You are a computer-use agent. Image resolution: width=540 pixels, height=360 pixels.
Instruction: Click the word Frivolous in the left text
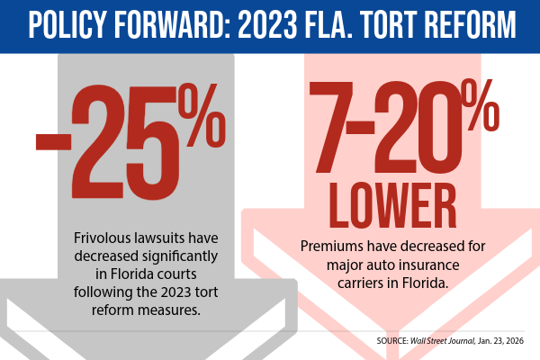click(103, 238)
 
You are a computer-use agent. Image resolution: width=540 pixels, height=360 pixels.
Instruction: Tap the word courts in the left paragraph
click(202, 273)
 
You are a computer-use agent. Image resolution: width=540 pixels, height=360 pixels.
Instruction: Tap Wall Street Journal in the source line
click(444, 341)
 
